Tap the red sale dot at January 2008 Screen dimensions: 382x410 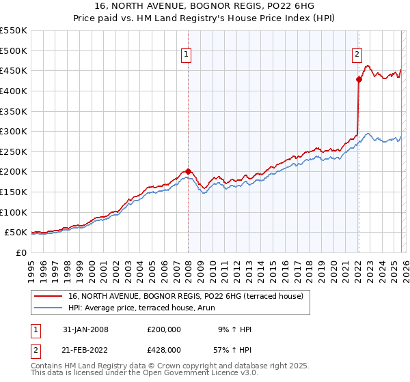[x=188, y=172]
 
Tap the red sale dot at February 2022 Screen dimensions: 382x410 [x=358, y=79]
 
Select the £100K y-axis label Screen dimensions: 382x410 [x=14, y=212]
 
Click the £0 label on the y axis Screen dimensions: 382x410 [x=22, y=253]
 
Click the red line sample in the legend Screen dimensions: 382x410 [x=49, y=296]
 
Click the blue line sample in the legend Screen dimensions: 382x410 [x=49, y=308]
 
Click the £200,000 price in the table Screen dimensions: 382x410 [x=163, y=329]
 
